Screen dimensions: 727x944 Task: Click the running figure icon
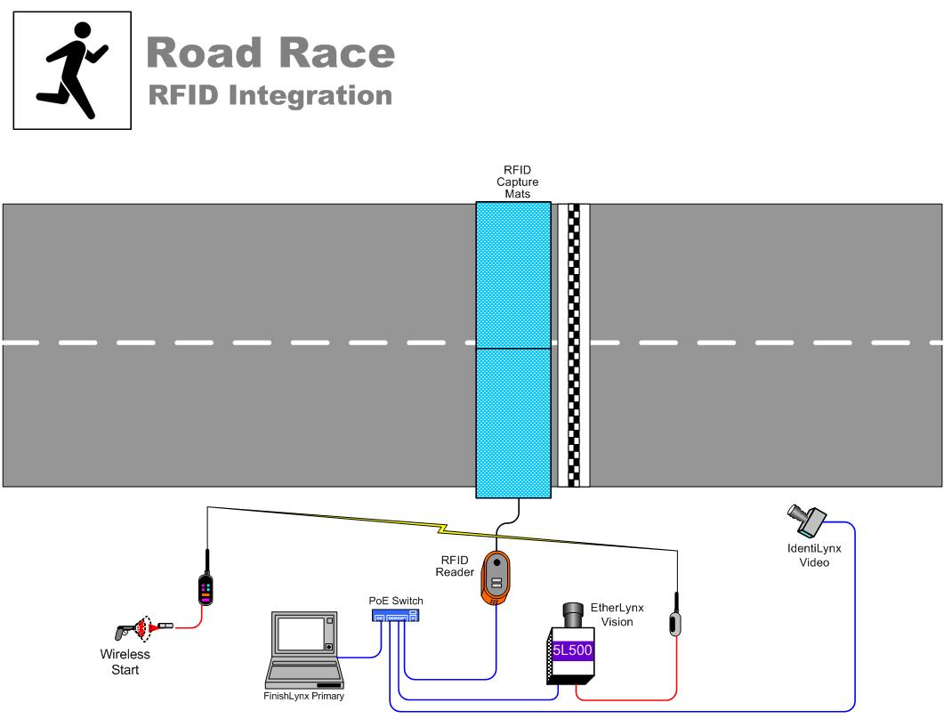click(x=72, y=71)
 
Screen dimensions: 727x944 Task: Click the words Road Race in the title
click(x=270, y=54)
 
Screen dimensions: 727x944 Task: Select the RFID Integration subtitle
click(x=270, y=95)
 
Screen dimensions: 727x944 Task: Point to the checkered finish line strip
click(x=574, y=345)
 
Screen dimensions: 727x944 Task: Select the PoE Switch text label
click(x=396, y=601)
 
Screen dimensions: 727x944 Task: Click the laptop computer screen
click(x=302, y=634)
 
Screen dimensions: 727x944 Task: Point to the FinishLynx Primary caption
click(x=303, y=696)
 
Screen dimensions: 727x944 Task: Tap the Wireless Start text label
click(x=125, y=661)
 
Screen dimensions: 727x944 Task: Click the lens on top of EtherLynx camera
click(x=571, y=614)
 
